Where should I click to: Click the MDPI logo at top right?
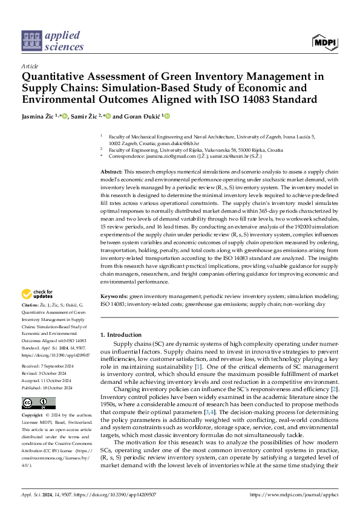pyautogui.click(x=325, y=42)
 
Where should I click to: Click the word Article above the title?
pyautogui.click(x=29, y=66)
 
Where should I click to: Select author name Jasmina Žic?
pyautogui.click(x=38, y=116)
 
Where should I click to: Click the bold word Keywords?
pyautogui.click(x=114, y=297)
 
